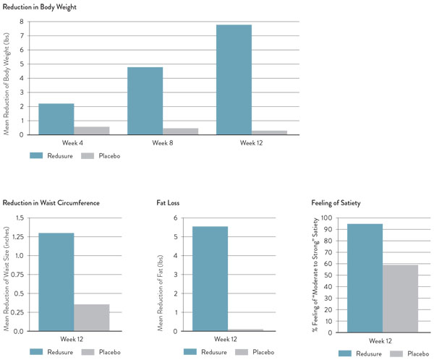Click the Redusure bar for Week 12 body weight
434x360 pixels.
[234, 80]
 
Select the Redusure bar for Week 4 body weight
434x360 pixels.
[56, 119]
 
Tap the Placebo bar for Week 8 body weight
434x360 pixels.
[181, 131]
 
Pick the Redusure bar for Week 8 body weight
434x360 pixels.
[145, 100]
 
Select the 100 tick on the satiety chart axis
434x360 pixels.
[326, 218]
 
